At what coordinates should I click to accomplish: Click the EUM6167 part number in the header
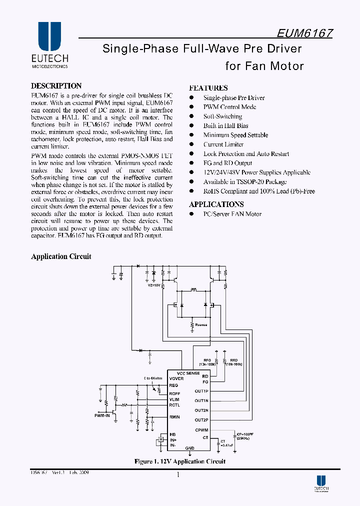tap(304, 33)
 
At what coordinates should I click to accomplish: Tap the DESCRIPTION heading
tap(56, 86)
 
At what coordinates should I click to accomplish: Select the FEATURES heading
tap(208, 87)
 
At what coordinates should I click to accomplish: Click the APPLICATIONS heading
tap(216, 204)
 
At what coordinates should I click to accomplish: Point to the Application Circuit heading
tap(61, 256)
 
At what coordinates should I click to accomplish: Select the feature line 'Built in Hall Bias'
tap(225, 125)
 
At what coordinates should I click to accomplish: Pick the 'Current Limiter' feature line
tap(223, 144)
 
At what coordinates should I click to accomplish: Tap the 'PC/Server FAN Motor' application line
tap(232, 214)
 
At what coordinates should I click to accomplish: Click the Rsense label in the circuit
tap(201, 325)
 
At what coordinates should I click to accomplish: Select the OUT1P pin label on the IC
tap(201, 390)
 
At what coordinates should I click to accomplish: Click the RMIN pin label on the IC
tap(174, 417)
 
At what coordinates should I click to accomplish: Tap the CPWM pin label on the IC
tap(202, 430)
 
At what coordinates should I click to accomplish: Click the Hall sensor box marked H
tap(160, 440)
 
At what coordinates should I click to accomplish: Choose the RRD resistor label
tap(233, 360)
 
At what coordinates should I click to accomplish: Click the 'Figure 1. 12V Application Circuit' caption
tap(180, 461)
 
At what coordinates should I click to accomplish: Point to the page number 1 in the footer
tap(178, 475)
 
